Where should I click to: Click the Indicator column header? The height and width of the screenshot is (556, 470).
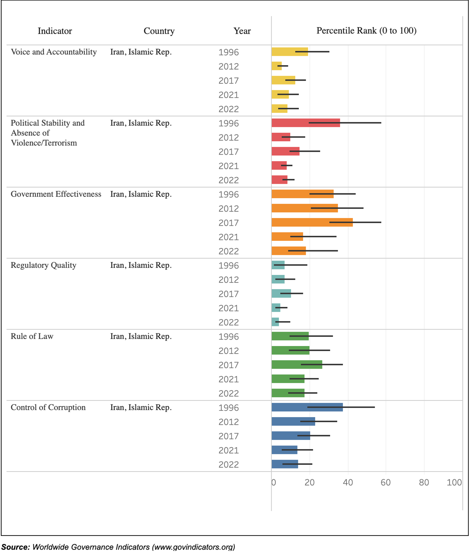55,31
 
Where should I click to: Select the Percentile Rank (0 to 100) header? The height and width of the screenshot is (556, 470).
366,31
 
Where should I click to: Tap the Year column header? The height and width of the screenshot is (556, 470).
242,31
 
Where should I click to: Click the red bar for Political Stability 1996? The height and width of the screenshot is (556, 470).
305,123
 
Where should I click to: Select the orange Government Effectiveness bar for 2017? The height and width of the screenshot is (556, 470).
312,222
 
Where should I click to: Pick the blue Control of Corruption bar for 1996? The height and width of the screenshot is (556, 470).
307,407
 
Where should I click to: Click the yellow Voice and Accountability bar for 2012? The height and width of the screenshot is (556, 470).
276,66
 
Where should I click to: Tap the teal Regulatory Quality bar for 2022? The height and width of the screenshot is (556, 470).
275,322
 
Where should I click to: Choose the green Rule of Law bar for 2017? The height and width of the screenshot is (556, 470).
297,364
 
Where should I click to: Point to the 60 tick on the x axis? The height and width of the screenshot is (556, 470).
385,482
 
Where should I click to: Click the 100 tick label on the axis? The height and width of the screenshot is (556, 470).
454,482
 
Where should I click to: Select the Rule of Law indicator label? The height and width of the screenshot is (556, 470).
32,336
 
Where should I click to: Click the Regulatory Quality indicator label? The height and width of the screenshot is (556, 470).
43,265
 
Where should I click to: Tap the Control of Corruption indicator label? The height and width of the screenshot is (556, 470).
48,407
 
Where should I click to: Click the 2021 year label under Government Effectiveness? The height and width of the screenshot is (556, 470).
229,237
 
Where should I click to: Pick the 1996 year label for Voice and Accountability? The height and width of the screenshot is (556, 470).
229,52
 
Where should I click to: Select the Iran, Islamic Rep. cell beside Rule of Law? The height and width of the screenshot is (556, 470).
141,336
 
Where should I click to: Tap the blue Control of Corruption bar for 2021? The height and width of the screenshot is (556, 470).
284,450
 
